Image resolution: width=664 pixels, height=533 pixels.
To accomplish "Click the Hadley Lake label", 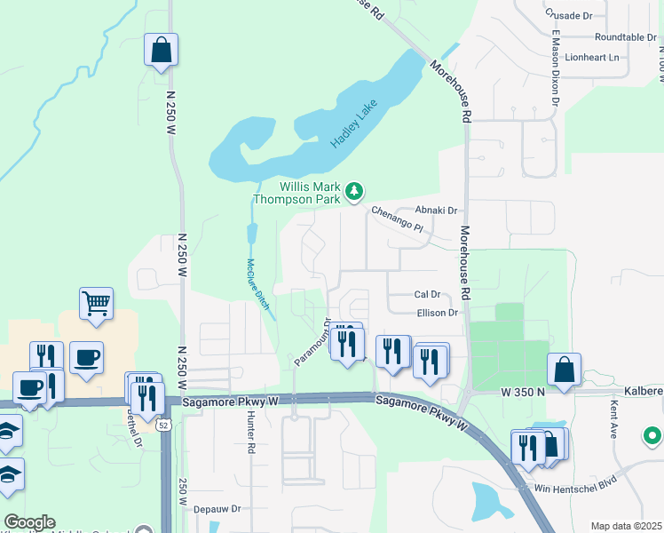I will click(354, 123).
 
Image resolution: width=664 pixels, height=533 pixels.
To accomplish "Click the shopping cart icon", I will click(96, 303).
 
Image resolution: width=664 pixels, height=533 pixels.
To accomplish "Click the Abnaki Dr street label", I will click(439, 211).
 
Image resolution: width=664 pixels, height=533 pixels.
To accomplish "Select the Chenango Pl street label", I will click(397, 220).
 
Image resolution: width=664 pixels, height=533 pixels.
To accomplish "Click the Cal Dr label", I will click(427, 294).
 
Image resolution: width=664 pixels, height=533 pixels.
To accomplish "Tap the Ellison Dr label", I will click(437, 313).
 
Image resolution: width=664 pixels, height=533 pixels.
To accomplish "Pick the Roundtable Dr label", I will click(625, 37).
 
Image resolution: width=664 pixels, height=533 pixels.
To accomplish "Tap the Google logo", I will click(29, 522).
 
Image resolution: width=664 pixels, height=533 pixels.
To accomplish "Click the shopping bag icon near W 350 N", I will click(564, 369).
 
